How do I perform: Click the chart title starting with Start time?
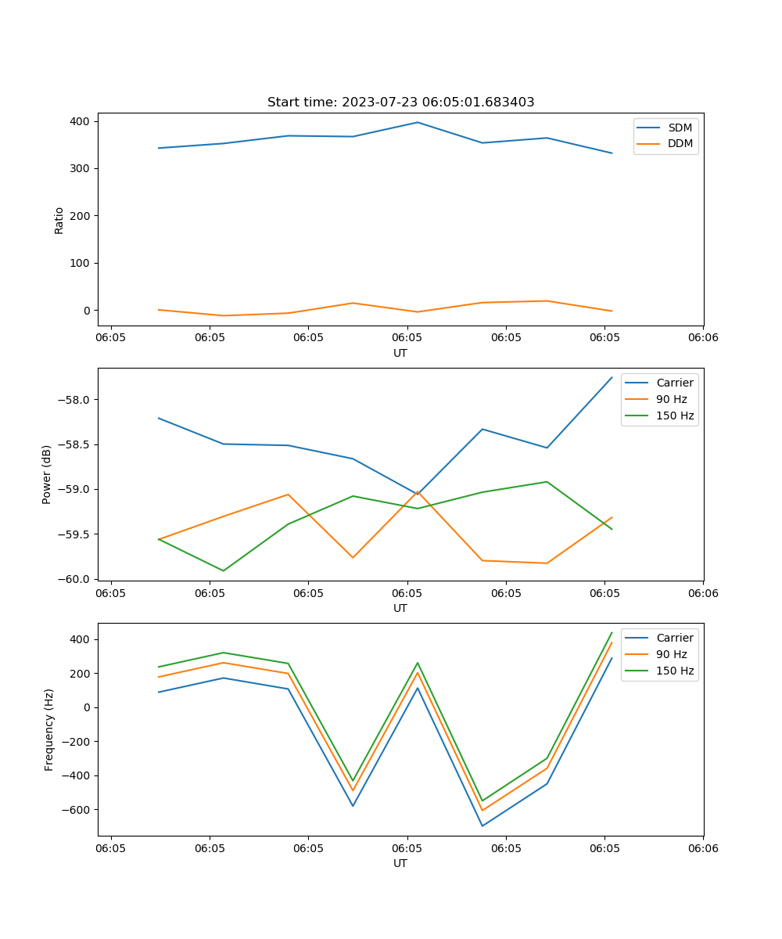(x=400, y=103)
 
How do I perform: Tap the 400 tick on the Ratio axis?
(x=81, y=121)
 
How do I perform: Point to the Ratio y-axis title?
(x=59, y=220)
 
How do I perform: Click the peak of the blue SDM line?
(x=418, y=122)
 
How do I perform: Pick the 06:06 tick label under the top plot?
(x=702, y=337)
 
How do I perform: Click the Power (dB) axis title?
(x=47, y=474)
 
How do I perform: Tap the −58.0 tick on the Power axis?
(x=75, y=400)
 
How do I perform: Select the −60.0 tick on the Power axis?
(x=75, y=579)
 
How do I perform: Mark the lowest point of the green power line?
(x=224, y=570)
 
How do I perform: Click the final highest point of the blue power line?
(x=612, y=377)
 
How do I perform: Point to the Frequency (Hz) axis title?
(x=49, y=729)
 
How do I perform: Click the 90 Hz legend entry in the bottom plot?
(x=671, y=654)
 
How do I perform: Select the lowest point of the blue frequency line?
(x=482, y=826)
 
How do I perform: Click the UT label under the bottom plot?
(x=400, y=863)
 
